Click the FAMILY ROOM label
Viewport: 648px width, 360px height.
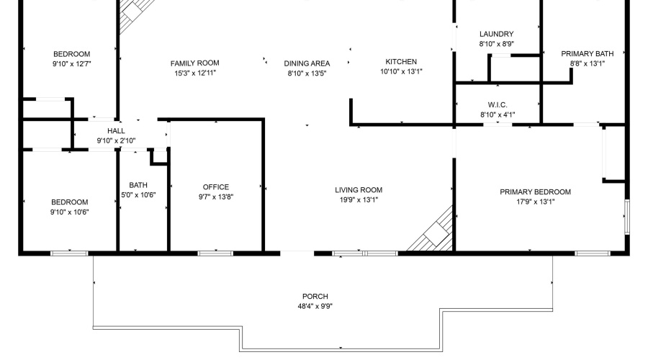click(194, 63)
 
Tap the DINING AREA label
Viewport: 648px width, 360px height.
click(307, 63)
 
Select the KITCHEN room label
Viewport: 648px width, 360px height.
click(401, 62)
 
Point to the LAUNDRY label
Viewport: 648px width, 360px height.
click(496, 34)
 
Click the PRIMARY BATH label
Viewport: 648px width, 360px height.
click(587, 53)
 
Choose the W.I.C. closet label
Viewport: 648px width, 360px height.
click(498, 105)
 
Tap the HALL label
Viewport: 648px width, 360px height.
click(116, 131)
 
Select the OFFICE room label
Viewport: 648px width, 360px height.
click(216, 187)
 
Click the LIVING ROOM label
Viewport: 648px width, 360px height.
click(358, 190)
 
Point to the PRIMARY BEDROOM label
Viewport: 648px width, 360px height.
click(535, 192)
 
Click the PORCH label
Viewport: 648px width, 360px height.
click(315, 297)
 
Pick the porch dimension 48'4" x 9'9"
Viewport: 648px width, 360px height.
click(315, 306)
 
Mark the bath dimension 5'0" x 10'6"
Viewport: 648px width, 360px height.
click(138, 194)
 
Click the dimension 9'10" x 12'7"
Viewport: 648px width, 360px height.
click(71, 64)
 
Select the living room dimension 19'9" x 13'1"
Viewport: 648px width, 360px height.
click(358, 199)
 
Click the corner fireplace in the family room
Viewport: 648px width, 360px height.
click(135, 12)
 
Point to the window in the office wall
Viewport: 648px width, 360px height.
click(215, 253)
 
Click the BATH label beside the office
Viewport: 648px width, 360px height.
click(138, 185)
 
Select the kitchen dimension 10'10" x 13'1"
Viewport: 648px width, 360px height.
click(401, 71)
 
